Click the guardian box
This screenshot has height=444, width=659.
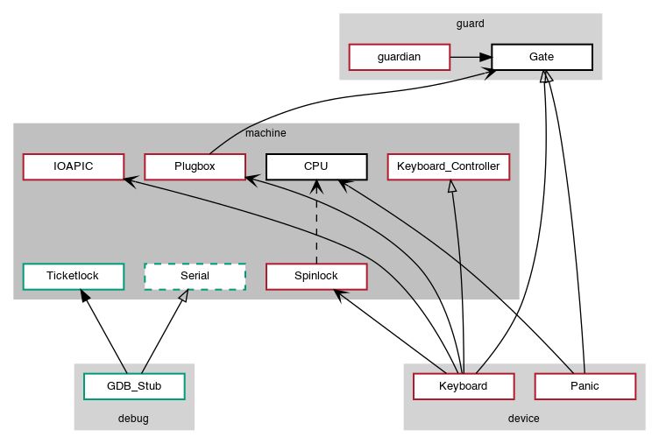399,57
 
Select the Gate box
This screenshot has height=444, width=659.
542,57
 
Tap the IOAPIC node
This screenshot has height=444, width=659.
73,166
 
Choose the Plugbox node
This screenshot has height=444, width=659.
194,166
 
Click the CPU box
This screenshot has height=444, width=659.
315,166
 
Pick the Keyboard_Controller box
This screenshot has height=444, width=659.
448,166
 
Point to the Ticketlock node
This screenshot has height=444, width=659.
73,276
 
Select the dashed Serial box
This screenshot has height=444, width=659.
194,276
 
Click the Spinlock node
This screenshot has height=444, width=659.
315,276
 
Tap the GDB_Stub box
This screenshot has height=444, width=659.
134,386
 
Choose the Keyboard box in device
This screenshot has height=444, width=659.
463,386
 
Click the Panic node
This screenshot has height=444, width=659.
585,386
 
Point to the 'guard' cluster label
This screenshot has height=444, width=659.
471,24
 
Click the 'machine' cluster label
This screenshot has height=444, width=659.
266,133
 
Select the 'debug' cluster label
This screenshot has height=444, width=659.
133,419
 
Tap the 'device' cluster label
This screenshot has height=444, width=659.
523,419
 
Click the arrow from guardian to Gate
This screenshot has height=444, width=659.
470,57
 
